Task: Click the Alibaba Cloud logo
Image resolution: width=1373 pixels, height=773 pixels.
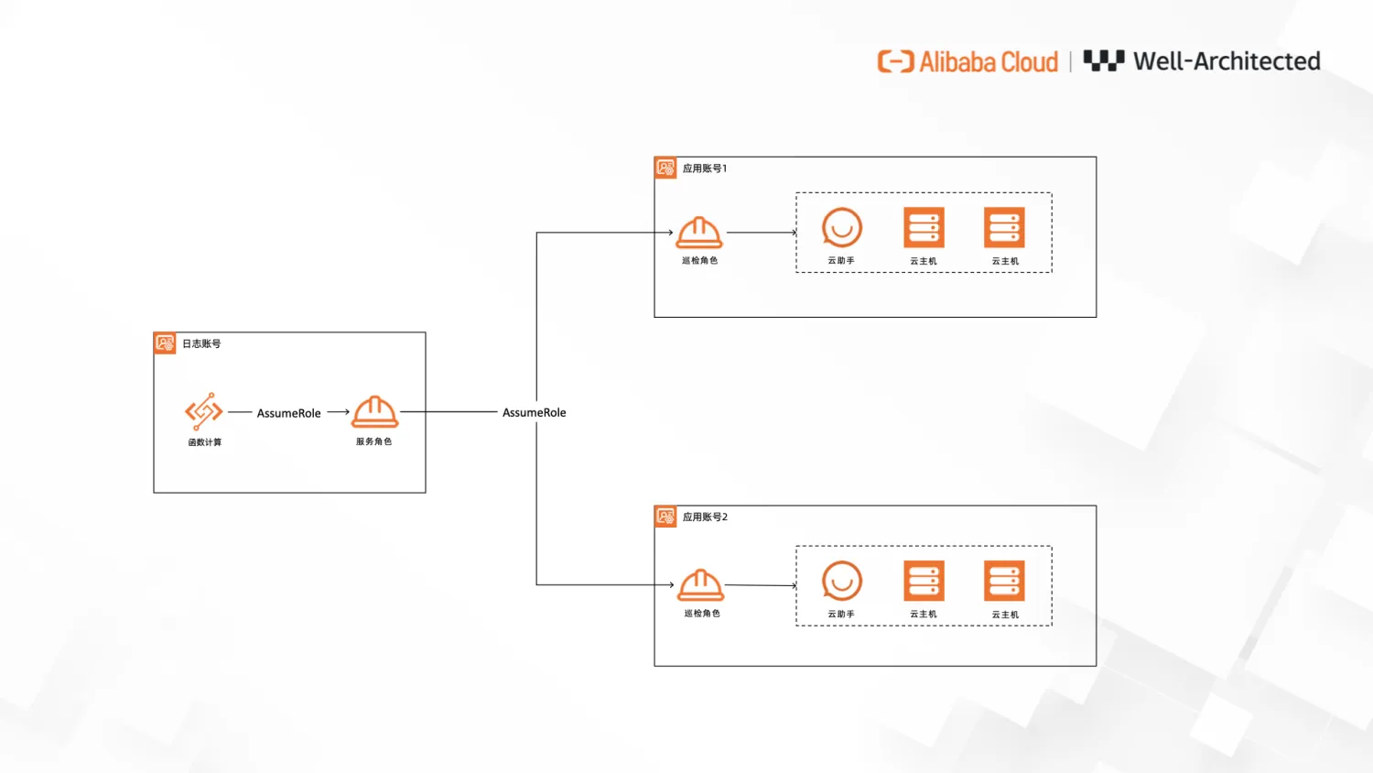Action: [x=968, y=61]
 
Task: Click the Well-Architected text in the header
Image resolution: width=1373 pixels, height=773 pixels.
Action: [x=1226, y=61]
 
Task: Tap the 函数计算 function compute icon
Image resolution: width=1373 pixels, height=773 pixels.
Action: [x=203, y=411]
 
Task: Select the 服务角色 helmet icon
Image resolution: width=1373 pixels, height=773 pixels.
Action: [x=375, y=412]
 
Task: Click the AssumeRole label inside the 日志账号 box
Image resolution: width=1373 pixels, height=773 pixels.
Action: [x=288, y=413]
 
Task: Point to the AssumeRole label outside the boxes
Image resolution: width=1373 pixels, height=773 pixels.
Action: [x=534, y=412]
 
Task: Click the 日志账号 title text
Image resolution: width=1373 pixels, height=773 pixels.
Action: [x=201, y=343]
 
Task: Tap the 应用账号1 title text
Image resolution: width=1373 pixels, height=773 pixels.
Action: [x=704, y=169]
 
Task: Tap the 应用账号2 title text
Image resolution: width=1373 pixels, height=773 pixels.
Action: [x=705, y=517]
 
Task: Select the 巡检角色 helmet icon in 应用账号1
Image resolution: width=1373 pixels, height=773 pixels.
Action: [x=699, y=233]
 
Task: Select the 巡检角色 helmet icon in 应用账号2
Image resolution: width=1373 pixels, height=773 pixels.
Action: [x=701, y=584]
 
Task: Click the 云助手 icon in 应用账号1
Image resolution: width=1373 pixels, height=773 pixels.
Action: [x=841, y=228]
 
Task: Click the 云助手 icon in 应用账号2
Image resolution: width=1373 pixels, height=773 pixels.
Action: [x=841, y=581]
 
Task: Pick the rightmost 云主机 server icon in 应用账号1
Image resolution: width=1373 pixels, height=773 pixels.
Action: [x=1004, y=228]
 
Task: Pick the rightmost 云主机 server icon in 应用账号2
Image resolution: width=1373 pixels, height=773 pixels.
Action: [x=1004, y=582]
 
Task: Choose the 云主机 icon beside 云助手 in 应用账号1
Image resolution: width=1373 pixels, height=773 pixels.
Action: [x=924, y=228]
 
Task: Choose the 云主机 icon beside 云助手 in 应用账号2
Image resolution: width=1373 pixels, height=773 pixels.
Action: [x=924, y=582]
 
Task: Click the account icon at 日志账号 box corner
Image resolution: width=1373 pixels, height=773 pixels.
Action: [x=165, y=343]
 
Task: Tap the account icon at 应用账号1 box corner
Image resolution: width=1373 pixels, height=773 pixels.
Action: [x=665, y=168]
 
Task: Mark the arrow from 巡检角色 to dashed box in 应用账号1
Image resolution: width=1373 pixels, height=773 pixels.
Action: [x=762, y=233]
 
